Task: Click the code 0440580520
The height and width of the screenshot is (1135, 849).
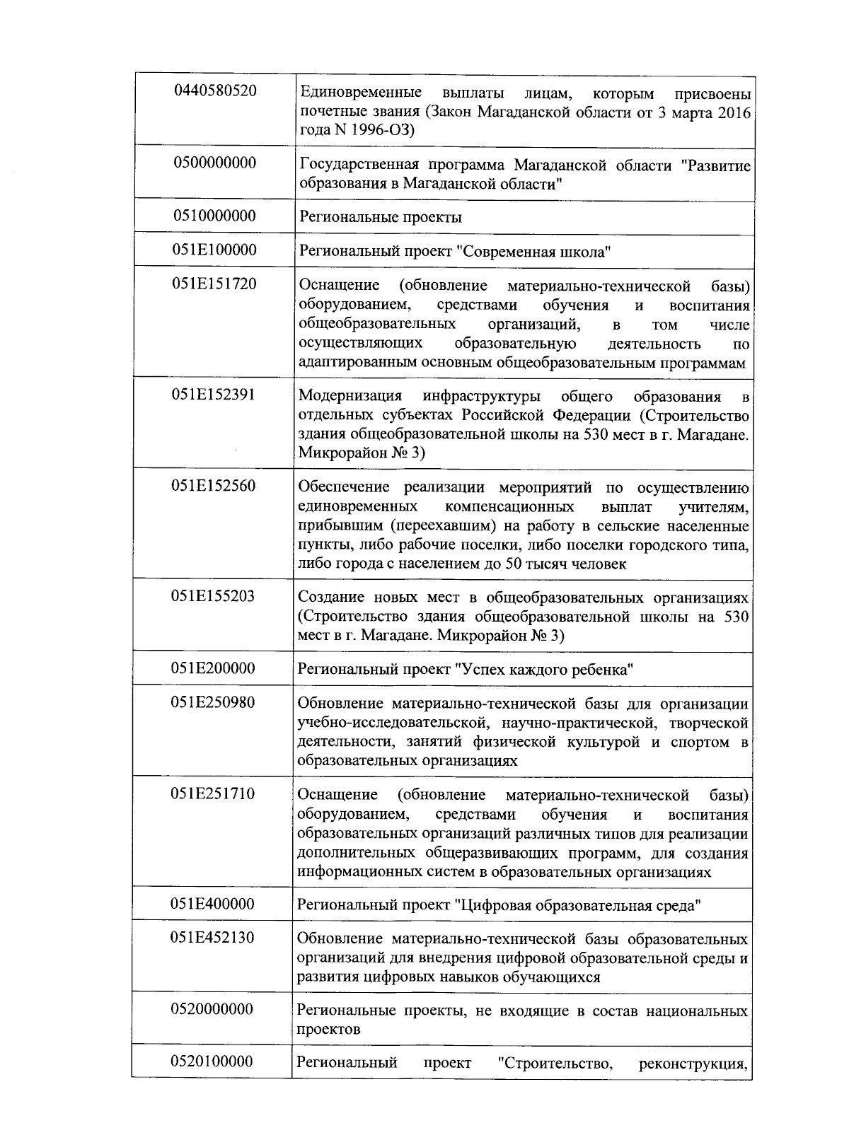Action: tap(215, 91)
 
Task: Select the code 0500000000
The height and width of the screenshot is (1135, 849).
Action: tap(215, 163)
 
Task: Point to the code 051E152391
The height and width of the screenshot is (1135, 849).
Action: tap(213, 395)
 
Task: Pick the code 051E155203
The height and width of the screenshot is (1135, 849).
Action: tap(213, 596)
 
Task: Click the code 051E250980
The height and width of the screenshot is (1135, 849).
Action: tap(213, 702)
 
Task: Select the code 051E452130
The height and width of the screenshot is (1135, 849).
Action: tap(213, 938)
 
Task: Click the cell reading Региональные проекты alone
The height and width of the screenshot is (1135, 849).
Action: tap(381, 217)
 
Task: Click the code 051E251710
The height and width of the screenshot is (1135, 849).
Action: tap(213, 793)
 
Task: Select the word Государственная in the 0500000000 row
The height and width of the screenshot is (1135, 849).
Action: tap(357, 165)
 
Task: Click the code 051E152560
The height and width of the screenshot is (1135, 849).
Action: tap(213, 486)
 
